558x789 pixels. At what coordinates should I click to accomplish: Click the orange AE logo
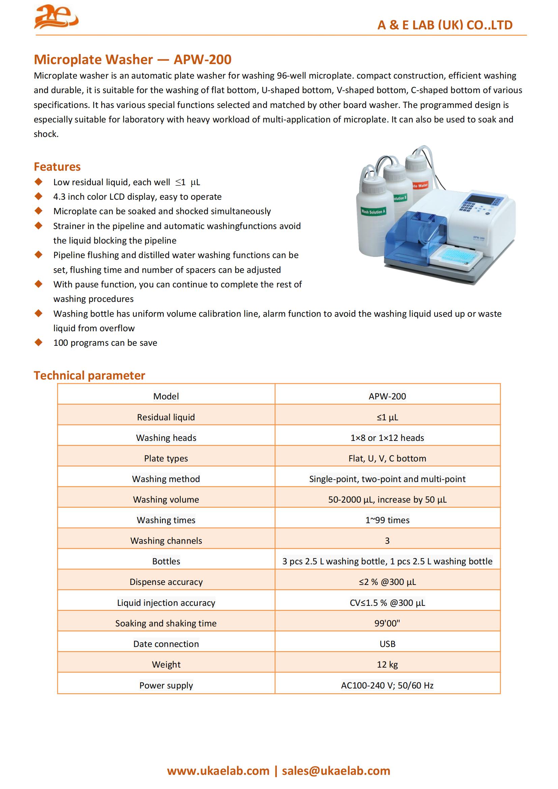click(56, 17)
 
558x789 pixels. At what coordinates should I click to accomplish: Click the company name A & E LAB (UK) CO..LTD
click(445, 25)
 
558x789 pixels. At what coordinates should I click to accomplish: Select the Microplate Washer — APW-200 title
click(132, 59)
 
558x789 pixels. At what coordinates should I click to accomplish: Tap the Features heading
click(57, 167)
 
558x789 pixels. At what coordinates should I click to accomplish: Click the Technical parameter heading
click(89, 375)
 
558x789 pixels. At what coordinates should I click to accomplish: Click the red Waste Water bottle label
click(420, 186)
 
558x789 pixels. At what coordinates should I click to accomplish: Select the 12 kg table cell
click(387, 664)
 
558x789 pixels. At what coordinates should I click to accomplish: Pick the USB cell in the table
click(387, 644)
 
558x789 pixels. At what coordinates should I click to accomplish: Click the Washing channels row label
click(166, 540)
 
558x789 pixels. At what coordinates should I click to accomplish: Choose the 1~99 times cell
click(387, 520)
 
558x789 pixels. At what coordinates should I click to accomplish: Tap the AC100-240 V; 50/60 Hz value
click(387, 685)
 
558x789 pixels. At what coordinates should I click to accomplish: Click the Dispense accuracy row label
click(166, 582)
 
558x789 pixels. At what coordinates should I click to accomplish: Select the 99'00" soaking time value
click(387, 623)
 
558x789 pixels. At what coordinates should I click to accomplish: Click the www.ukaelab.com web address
click(218, 771)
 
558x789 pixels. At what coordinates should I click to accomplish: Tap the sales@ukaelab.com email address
click(336, 771)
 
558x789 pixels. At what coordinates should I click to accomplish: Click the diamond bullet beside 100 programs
click(38, 342)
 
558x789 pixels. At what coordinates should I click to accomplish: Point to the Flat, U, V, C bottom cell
click(387, 458)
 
